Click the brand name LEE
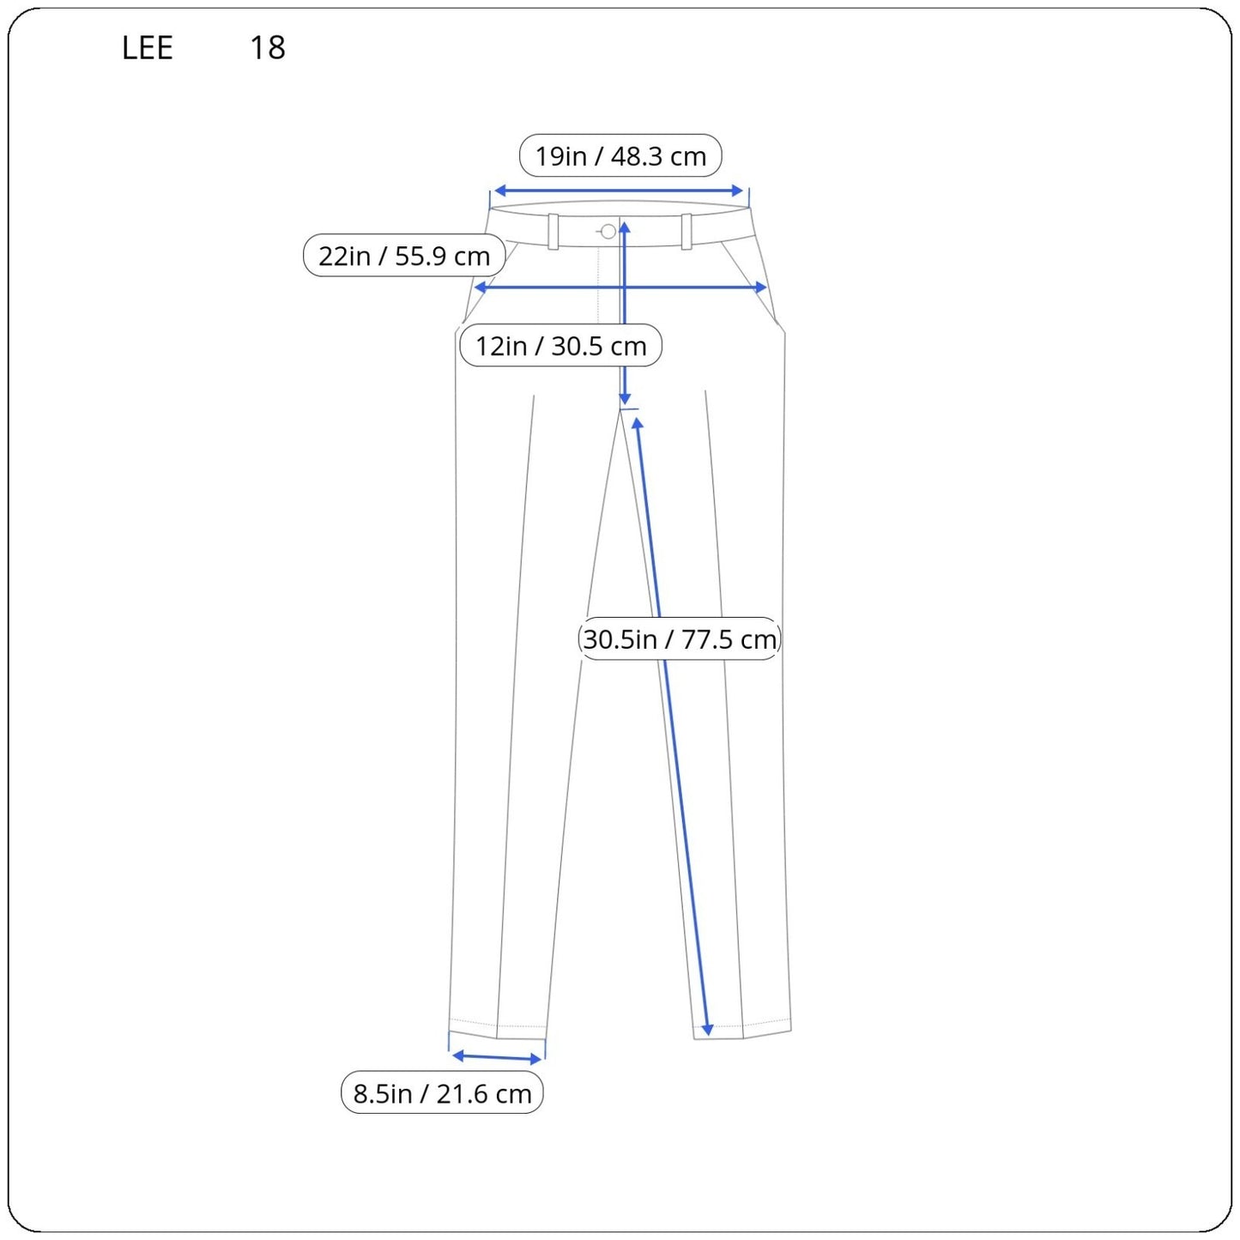point(148,48)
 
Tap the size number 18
point(267,48)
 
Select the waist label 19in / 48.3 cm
point(620,156)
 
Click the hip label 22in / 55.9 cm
point(404,256)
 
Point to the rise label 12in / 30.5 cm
point(560,346)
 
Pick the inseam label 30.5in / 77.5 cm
point(680,639)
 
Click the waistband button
point(608,231)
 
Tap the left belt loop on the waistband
point(553,232)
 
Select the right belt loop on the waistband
point(687,231)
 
